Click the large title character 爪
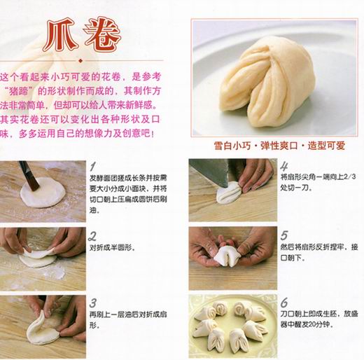tap(60, 34)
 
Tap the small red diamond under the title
tap(80, 61)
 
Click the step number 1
tap(93, 167)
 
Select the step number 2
tap(92, 236)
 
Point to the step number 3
tap(93, 303)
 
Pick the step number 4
tap(284, 166)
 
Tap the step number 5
tap(284, 235)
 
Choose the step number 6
tap(284, 303)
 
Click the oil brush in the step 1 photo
tap(29, 176)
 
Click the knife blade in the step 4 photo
tap(210, 172)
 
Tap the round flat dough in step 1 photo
tap(43, 193)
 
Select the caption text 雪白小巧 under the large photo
tap(232, 146)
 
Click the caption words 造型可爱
tap(326, 146)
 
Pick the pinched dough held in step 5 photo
tap(227, 256)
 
